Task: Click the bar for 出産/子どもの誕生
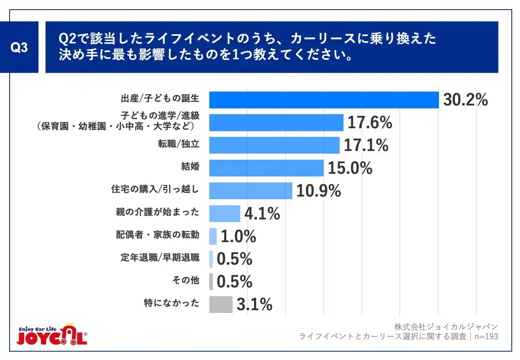point(324,100)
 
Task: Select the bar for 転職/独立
point(274,145)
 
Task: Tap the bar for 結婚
point(266,168)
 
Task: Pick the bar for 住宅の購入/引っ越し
point(251,191)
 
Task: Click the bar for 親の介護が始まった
point(225,213)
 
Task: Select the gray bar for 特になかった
point(221,304)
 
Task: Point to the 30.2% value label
point(465,100)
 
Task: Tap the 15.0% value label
point(350,168)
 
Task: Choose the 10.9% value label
point(318,191)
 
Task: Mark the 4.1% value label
point(262,213)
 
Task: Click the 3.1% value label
point(254,304)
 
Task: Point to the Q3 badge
point(19,48)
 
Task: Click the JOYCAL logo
point(52,335)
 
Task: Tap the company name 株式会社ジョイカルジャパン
point(446,327)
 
